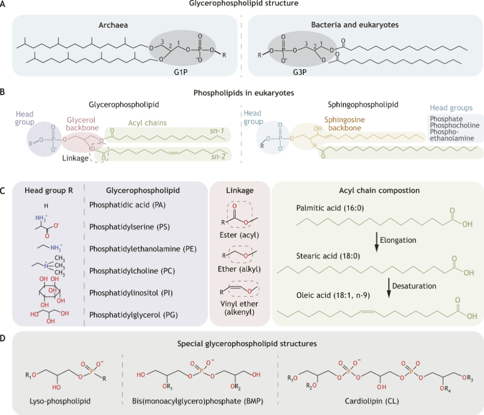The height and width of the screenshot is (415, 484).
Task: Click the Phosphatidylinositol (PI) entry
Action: coord(129,292)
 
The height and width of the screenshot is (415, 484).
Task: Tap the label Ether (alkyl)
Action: coord(241,269)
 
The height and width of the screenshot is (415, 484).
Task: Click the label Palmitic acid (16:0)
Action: coord(328,207)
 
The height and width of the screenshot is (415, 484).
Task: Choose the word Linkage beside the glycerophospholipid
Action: coord(75,158)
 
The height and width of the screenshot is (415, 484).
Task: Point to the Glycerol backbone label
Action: coord(82,124)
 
